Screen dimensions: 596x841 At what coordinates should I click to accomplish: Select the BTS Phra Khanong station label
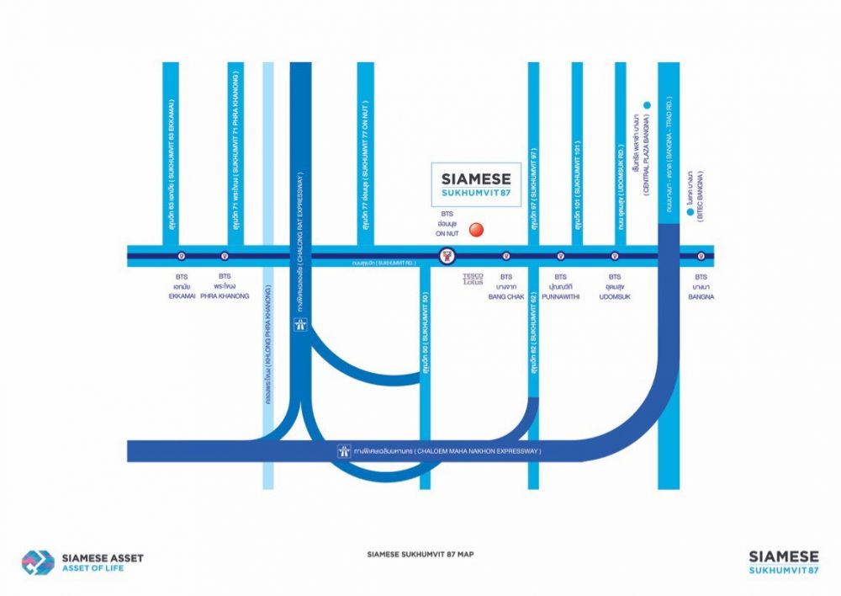(x=225, y=286)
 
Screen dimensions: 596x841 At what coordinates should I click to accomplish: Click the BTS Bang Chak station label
(x=506, y=286)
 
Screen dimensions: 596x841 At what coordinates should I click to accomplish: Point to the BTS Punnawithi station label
(x=560, y=286)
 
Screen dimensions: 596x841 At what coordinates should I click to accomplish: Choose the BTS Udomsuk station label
(x=615, y=286)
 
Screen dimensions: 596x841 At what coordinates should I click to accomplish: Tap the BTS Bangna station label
(x=701, y=286)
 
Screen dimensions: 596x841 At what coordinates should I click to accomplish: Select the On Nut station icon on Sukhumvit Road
(x=448, y=256)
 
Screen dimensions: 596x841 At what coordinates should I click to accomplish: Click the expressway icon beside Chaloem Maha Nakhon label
(x=342, y=452)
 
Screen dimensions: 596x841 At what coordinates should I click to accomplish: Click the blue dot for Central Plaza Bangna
(x=647, y=105)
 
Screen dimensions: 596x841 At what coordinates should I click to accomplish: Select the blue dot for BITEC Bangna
(x=690, y=214)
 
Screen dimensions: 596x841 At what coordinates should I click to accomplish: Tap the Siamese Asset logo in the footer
(x=82, y=562)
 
